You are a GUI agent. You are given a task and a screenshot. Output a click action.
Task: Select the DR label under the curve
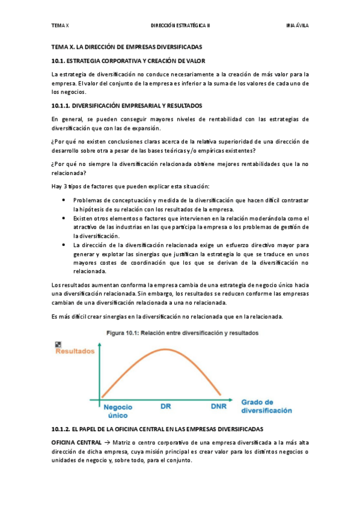click(x=166, y=407)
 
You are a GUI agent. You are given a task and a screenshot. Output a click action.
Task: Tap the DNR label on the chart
click(x=219, y=407)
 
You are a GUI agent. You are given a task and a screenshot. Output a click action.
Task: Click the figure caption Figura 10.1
click(x=129, y=333)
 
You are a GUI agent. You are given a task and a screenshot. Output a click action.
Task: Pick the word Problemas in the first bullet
click(x=87, y=200)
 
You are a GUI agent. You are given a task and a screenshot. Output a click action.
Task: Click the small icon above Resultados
click(x=58, y=344)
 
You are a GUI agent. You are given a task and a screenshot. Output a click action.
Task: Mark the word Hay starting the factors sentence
click(x=57, y=186)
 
